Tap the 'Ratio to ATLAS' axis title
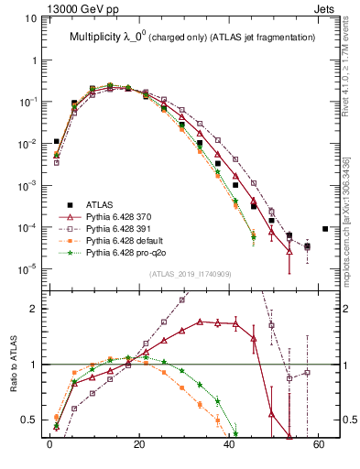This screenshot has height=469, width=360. pyautogui.click(x=13, y=367)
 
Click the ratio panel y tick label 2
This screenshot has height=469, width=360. pyautogui.click(x=35, y=309)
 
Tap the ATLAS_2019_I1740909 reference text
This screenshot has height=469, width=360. pyautogui.click(x=190, y=274)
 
